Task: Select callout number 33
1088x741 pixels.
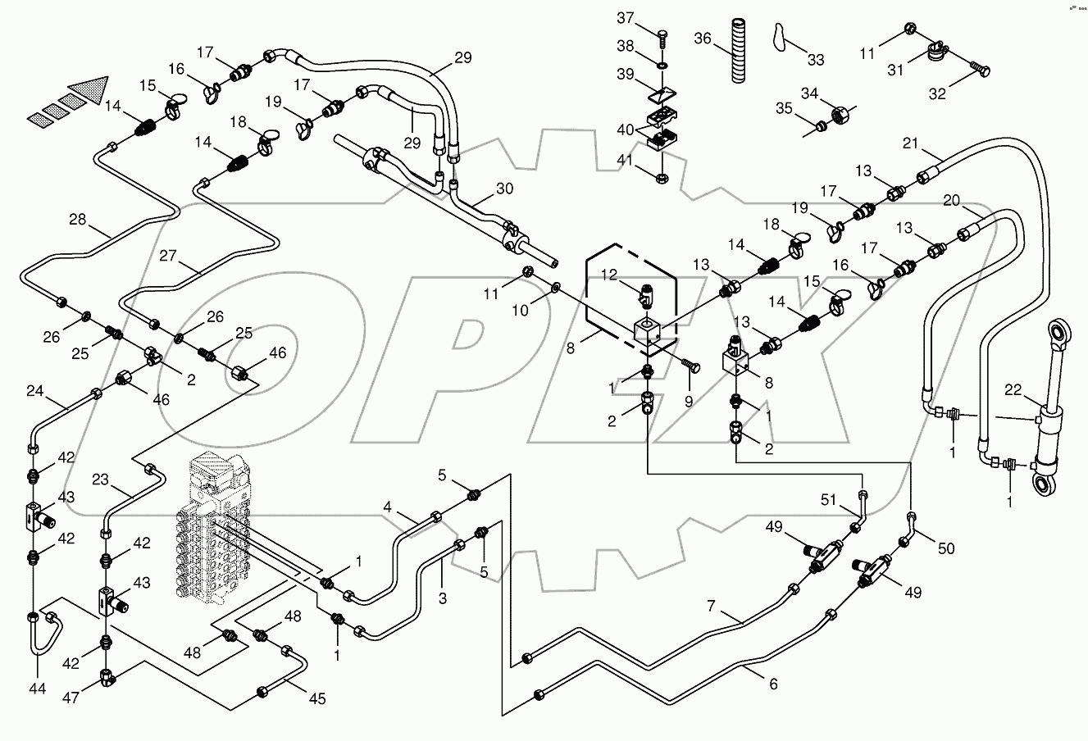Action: click(816, 60)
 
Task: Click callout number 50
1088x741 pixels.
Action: click(946, 548)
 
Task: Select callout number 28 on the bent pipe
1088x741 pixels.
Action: click(77, 220)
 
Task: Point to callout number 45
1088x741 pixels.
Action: click(316, 698)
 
